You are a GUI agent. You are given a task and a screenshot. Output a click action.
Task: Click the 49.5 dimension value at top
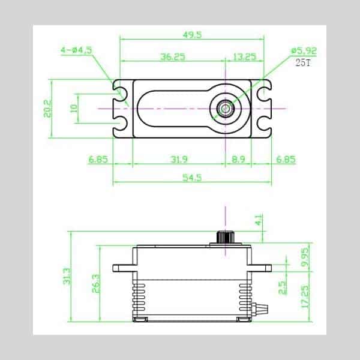(192, 35)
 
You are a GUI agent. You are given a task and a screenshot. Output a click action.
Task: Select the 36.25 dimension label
(173, 57)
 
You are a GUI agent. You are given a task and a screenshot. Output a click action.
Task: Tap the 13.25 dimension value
(244, 56)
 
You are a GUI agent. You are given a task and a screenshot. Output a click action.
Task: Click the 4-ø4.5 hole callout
(76, 50)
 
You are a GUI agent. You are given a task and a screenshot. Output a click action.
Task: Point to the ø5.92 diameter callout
(304, 50)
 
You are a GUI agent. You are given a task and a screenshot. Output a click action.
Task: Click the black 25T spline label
(303, 62)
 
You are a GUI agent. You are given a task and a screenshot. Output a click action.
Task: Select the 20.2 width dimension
(47, 109)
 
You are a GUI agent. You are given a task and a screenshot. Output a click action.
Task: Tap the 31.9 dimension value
(179, 159)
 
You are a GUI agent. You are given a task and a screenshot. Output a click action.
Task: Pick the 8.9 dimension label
(238, 159)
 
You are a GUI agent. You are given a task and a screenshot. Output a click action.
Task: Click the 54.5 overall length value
(192, 178)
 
